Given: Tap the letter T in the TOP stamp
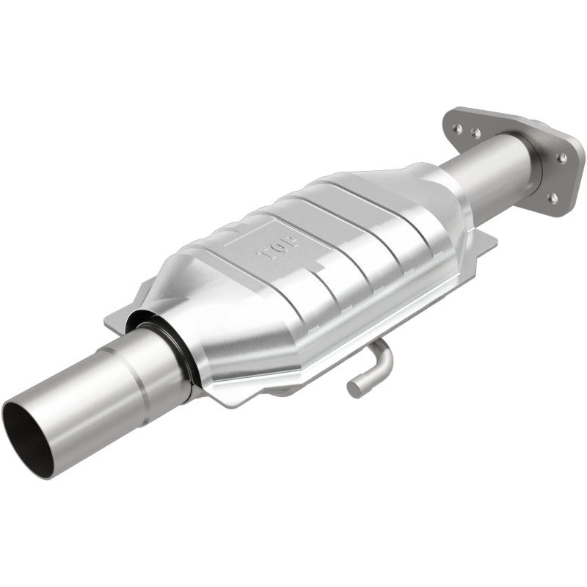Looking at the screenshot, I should [262, 255].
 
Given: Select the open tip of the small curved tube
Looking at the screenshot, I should [354, 387].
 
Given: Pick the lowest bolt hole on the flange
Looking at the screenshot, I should [552, 197].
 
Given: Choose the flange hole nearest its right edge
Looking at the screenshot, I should [563, 157].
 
